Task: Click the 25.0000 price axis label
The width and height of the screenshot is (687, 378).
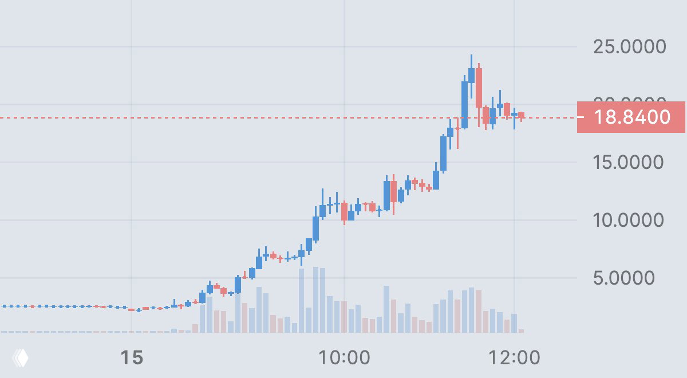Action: (x=630, y=46)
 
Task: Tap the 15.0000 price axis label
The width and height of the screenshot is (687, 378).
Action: (x=629, y=162)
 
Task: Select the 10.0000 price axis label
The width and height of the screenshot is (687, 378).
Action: (x=629, y=220)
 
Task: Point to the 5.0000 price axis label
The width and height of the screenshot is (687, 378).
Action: (x=632, y=278)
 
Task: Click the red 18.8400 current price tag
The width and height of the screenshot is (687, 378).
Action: (x=631, y=117)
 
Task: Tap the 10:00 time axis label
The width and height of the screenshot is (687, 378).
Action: (x=343, y=359)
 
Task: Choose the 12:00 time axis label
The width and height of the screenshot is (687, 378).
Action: (x=514, y=359)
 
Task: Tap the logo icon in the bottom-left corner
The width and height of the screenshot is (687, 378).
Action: (x=21, y=359)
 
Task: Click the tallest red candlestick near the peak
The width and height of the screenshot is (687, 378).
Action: (x=479, y=88)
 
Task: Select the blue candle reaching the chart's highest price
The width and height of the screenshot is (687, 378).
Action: (x=471, y=75)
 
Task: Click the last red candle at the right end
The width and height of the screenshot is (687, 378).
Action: (x=522, y=116)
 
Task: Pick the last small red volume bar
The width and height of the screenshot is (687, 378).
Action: (x=521, y=330)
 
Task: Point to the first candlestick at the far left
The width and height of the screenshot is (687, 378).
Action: (x=4, y=306)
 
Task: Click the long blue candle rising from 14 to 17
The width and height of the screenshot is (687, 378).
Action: (x=443, y=153)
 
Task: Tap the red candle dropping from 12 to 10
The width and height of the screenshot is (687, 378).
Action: (x=344, y=211)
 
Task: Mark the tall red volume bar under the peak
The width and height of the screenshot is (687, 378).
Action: (x=479, y=310)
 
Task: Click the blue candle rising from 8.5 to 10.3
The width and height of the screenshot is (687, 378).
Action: (x=315, y=228)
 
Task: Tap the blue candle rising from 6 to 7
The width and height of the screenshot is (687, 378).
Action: (x=259, y=262)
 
